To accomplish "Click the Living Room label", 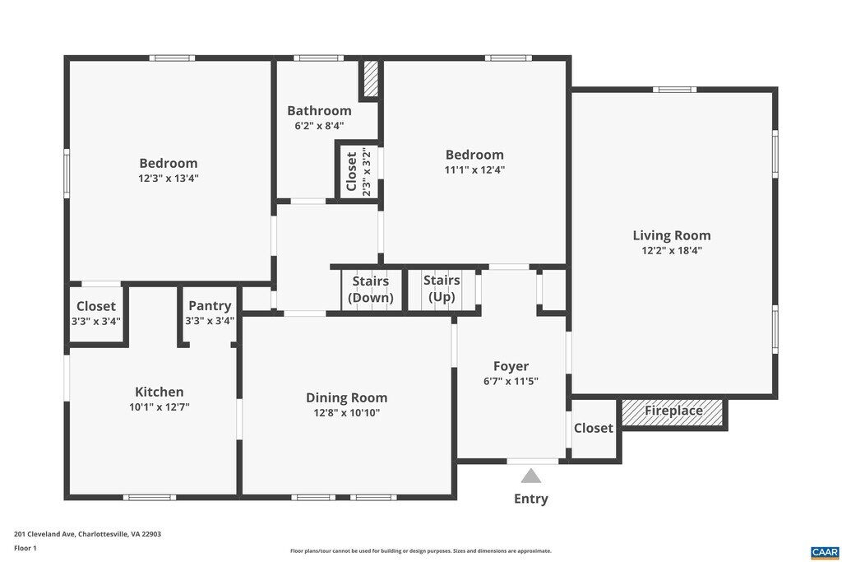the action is (x=671, y=235).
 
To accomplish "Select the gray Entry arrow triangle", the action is (x=531, y=476).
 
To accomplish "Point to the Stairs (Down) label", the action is (x=371, y=289).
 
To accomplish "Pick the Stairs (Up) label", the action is (x=442, y=289).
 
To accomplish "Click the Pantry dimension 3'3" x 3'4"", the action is (x=210, y=321).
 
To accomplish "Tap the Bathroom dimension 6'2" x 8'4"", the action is (x=319, y=126).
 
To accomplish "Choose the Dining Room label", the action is (x=346, y=397).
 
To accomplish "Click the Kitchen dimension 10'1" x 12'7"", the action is (x=159, y=407).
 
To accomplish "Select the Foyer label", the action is (x=511, y=366).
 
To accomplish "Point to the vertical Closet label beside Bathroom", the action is (x=352, y=171).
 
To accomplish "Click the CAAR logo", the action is (x=825, y=552).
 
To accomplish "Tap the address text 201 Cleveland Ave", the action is (x=45, y=534).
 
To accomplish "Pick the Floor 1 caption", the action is (x=25, y=548).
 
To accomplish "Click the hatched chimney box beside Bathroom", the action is (x=371, y=78).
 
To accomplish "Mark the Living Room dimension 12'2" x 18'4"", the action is (x=671, y=250).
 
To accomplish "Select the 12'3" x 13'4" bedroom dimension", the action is (x=168, y=179).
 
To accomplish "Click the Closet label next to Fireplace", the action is (x=593, y=428).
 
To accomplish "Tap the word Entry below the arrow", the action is (x=530, y=499).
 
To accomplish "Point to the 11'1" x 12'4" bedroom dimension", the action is (x=474, y=170).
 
